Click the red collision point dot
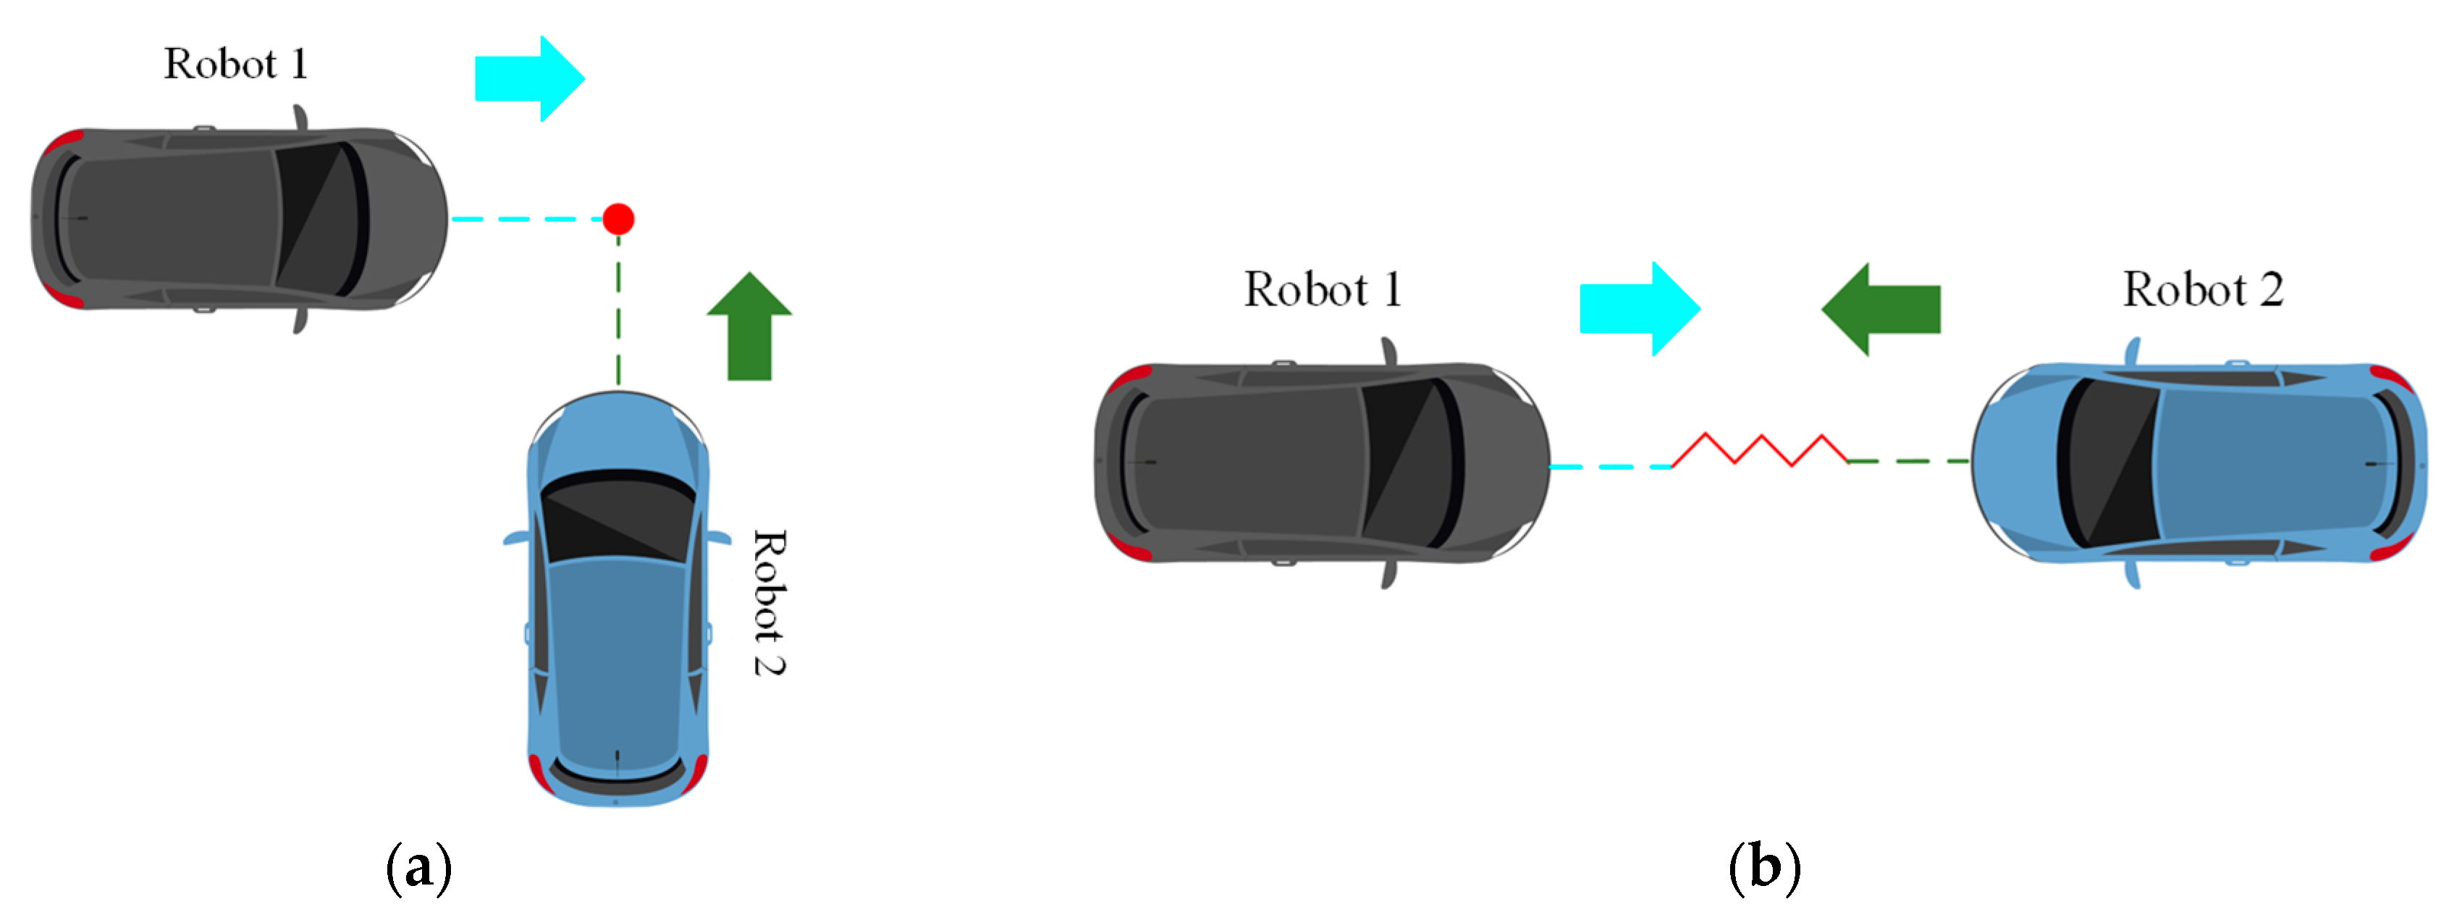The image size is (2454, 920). click(x=618, y=219)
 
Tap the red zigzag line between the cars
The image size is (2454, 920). click(x=1761, y=450)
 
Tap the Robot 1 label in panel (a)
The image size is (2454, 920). click(x=235, y=64)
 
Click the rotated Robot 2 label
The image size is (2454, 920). click(x=769, y=602)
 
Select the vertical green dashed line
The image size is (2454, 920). click(x=618, y=314)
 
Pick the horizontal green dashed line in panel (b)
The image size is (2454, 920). click(x=1908, y=461)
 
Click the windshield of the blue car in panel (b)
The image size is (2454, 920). click(x=2108, y=463)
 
